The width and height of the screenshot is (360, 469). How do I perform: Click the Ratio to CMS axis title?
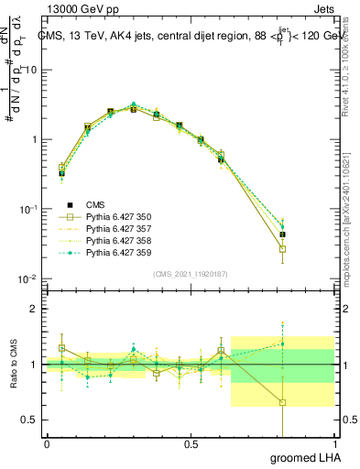pyautogui.click(x=13, y=365)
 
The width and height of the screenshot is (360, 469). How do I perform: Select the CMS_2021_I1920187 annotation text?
pyautogui.click(x=190, y=273)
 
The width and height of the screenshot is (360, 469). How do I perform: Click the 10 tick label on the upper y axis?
pyautogui.click(x=31, y=70)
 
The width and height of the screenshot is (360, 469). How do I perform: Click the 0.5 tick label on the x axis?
pyautogui.click(x=191, y=445)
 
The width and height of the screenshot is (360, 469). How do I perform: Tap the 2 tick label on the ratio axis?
pyautogui.click(x=35, y=309)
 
